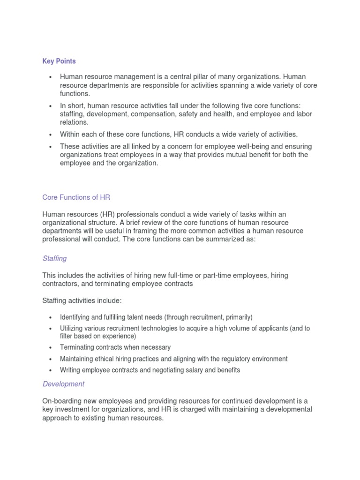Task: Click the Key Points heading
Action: coord(59,61)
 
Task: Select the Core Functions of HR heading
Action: coord(76,197)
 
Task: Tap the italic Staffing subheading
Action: coord(54,258)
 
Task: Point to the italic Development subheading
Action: coord(63,384)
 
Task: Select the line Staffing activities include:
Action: coord(82,300)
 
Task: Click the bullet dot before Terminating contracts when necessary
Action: coord(50,348)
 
